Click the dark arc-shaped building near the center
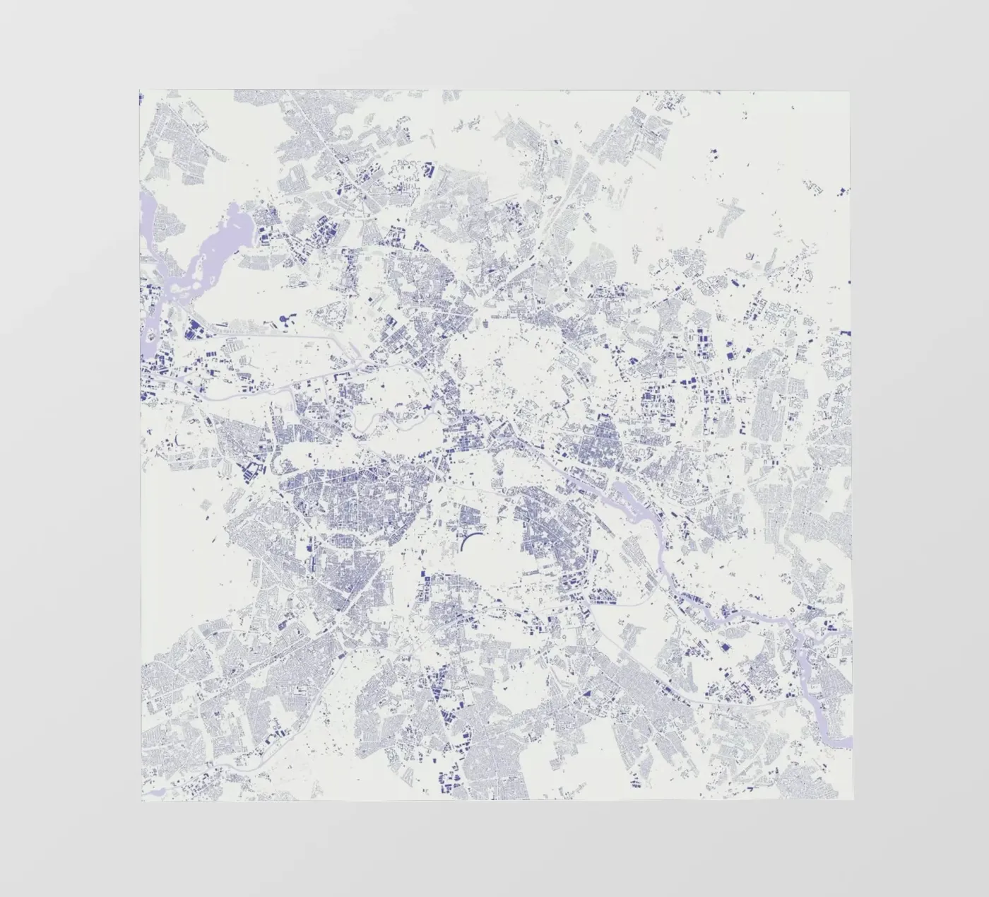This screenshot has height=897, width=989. (x=469, y=542)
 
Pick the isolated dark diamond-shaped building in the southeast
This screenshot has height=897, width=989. (x=724, y=646)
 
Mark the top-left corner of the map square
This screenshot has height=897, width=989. (x=140, y=90)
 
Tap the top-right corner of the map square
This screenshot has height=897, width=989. (x=850, y=90)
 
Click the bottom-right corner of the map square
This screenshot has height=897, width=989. (x=853, y=802)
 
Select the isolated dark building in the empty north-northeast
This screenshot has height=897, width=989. (x=712, y=151)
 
